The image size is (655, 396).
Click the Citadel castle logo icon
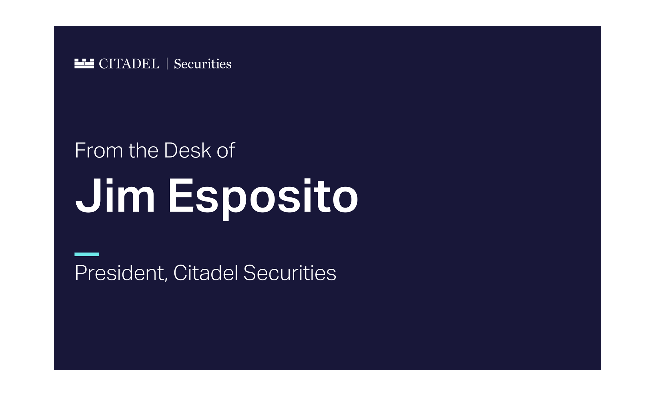pos(84,64)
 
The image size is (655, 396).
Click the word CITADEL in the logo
pos(129,64)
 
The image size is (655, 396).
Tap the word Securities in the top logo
pos(203,64)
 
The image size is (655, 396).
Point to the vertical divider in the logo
pos(167,64)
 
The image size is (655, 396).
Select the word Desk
pos(188,150)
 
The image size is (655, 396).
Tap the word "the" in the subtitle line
pos(143,150)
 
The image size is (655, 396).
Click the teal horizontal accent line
pos(87,254)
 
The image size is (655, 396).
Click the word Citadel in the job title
pos(206,273)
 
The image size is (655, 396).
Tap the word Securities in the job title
pos(290,273)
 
